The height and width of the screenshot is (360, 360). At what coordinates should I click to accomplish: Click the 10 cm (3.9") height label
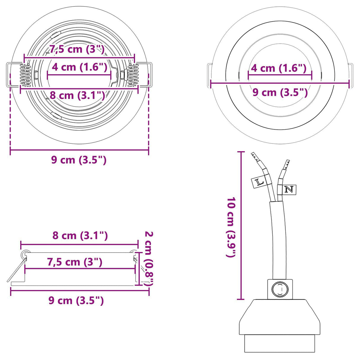(231, 227)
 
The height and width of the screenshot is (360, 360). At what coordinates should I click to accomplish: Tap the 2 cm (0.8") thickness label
(148, 258)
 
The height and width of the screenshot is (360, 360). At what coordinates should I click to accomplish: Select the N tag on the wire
(289, 189)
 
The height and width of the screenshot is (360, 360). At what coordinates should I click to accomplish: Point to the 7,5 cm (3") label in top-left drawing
(77, 49)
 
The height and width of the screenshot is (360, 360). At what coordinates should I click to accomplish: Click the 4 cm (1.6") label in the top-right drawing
(279, 68)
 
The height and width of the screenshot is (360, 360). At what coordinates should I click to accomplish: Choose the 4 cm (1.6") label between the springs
(79, 67)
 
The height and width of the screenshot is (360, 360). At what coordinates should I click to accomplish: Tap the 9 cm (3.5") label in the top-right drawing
(280, 93)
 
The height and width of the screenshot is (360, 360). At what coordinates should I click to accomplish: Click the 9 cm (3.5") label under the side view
(76, 301)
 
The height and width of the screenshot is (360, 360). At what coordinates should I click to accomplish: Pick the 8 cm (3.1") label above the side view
(80, 236)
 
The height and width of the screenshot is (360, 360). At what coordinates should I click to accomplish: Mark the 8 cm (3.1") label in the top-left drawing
(77, 95)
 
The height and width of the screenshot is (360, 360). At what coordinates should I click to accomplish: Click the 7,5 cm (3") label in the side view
(75, 262)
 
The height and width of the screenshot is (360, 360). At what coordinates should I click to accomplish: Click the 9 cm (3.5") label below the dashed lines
(79, 160)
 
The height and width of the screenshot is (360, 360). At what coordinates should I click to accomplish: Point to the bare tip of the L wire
(255, 156)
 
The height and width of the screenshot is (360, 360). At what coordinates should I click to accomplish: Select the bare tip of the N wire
(286, 164)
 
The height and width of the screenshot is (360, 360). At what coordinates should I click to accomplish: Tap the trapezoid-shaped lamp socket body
(280, 317)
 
